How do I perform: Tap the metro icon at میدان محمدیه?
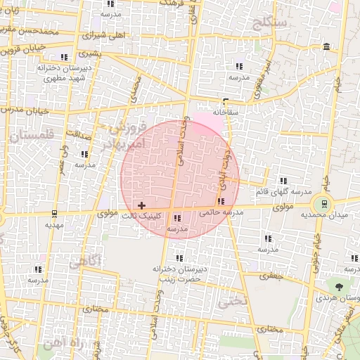pos(324,204)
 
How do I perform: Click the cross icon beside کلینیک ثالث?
pos(142,205)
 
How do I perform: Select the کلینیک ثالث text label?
pos(146,216)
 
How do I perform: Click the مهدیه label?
pos(54,225)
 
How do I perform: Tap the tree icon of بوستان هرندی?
pos(340,287)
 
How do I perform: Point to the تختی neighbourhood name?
pos(233,302)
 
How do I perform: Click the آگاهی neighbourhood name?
pos(84,262)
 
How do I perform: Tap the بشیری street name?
pos(90,53)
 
